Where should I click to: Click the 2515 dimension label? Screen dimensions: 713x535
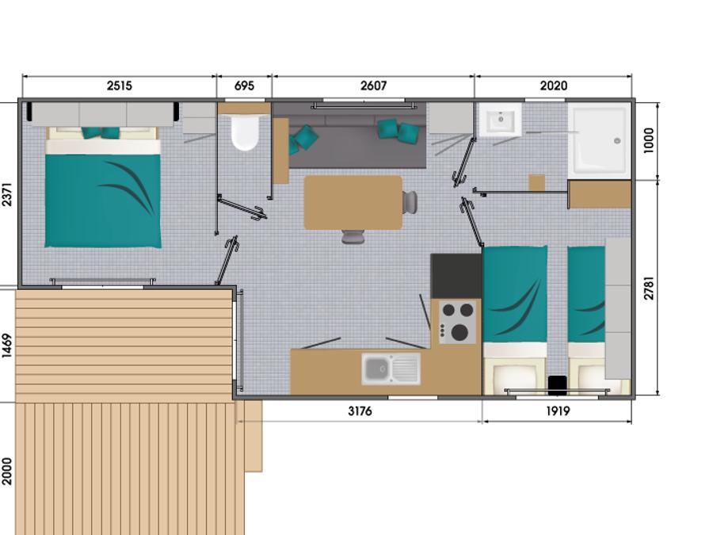119,86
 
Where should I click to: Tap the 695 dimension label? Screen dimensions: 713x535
244,86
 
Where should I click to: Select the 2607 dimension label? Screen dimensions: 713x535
373,86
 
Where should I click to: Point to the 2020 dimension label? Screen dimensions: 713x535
554,86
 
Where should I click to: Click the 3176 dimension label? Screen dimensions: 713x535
360,411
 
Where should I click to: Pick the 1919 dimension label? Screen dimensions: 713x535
558,411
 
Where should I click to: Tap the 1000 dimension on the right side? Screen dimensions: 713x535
649,140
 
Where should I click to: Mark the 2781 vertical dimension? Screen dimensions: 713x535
649,288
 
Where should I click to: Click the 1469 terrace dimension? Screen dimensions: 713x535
7,346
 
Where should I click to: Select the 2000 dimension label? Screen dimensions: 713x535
7,472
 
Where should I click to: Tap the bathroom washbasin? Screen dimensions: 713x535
500,119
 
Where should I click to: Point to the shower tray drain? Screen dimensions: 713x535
617,141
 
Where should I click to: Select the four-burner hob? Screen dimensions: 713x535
457,322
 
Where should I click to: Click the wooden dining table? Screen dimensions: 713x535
353,202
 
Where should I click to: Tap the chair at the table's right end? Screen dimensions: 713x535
410,202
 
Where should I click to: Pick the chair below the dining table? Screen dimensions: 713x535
353,236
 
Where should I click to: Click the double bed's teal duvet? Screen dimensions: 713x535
103,201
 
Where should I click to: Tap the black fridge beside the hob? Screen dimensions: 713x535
456,276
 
